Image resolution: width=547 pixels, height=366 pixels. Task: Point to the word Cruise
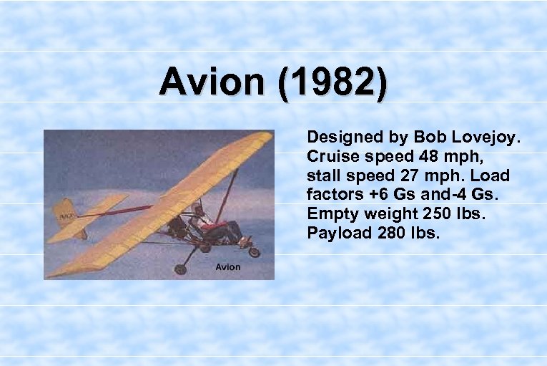click(328, 155)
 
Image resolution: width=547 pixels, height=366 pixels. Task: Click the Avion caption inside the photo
click(228, 267)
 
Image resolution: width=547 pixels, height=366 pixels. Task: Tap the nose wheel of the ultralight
click(254, 251)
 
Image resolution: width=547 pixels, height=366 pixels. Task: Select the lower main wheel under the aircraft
click(180, 269)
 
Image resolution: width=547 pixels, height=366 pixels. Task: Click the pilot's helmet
click(198, 208)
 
